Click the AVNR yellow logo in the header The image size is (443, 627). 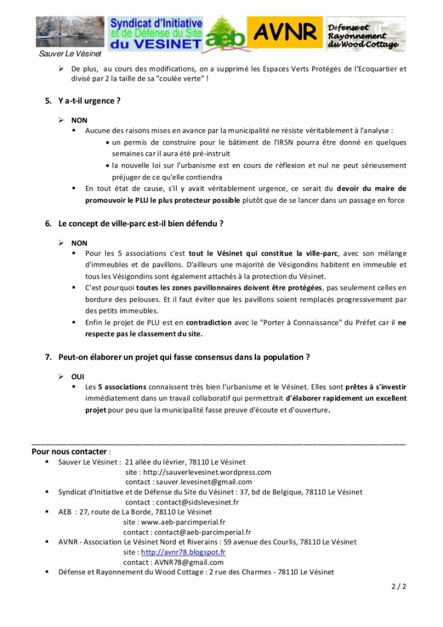284,34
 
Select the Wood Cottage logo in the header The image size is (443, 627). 366,34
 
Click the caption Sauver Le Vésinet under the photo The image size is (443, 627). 62,54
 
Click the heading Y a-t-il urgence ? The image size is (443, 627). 89,101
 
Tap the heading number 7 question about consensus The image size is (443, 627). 184,357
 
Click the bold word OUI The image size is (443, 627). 78,376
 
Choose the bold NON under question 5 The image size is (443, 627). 79,120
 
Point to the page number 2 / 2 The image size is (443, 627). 399,587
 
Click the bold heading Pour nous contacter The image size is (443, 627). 69,451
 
